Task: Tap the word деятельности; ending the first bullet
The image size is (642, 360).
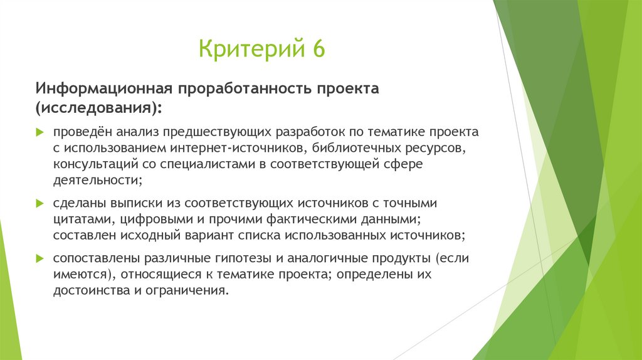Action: pos(98,180)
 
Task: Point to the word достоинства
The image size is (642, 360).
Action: pos(92,291)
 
